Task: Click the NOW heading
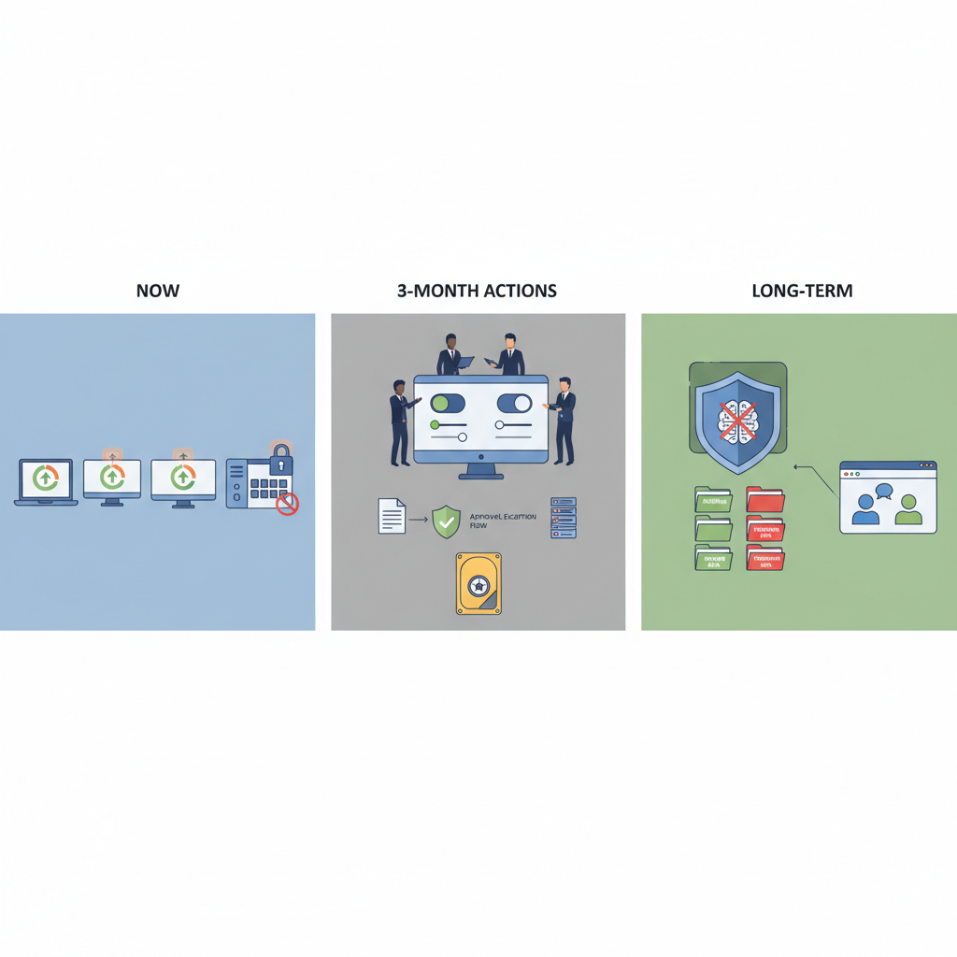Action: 157,291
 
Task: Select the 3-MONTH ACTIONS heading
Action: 477,291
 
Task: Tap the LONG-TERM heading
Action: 802,291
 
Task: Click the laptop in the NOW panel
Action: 46,481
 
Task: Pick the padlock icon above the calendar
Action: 280,459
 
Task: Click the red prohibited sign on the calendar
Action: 288,505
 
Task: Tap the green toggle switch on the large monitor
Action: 447,404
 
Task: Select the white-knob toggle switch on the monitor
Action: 514,404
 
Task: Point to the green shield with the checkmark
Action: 446,521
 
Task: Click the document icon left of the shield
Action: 392,516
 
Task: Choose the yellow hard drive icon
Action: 478,583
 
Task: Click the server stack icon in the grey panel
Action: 564,517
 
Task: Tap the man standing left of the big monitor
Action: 399,421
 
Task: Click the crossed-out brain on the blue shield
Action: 737,418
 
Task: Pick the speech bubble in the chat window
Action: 882,490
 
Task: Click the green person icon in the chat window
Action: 907,510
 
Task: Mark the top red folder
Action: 764,500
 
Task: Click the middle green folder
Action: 713,529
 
